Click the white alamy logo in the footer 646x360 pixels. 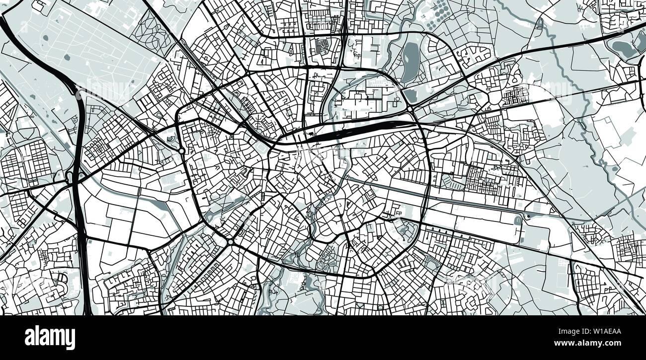coord(50,338)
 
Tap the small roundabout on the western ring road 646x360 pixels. coord(182,150)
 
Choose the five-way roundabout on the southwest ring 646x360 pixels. coord(231,242)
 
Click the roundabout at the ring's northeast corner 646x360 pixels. coord(411,109)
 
